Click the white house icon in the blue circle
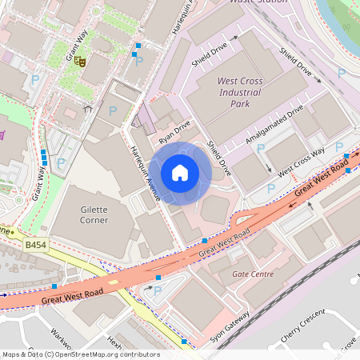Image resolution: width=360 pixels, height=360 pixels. [x=180, y=173]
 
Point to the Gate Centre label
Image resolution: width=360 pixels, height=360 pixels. [x=252, y=274]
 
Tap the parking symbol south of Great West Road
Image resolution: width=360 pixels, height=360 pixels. [x=146, y=293]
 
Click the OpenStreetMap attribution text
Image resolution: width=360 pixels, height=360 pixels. [x=80, y=354]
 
